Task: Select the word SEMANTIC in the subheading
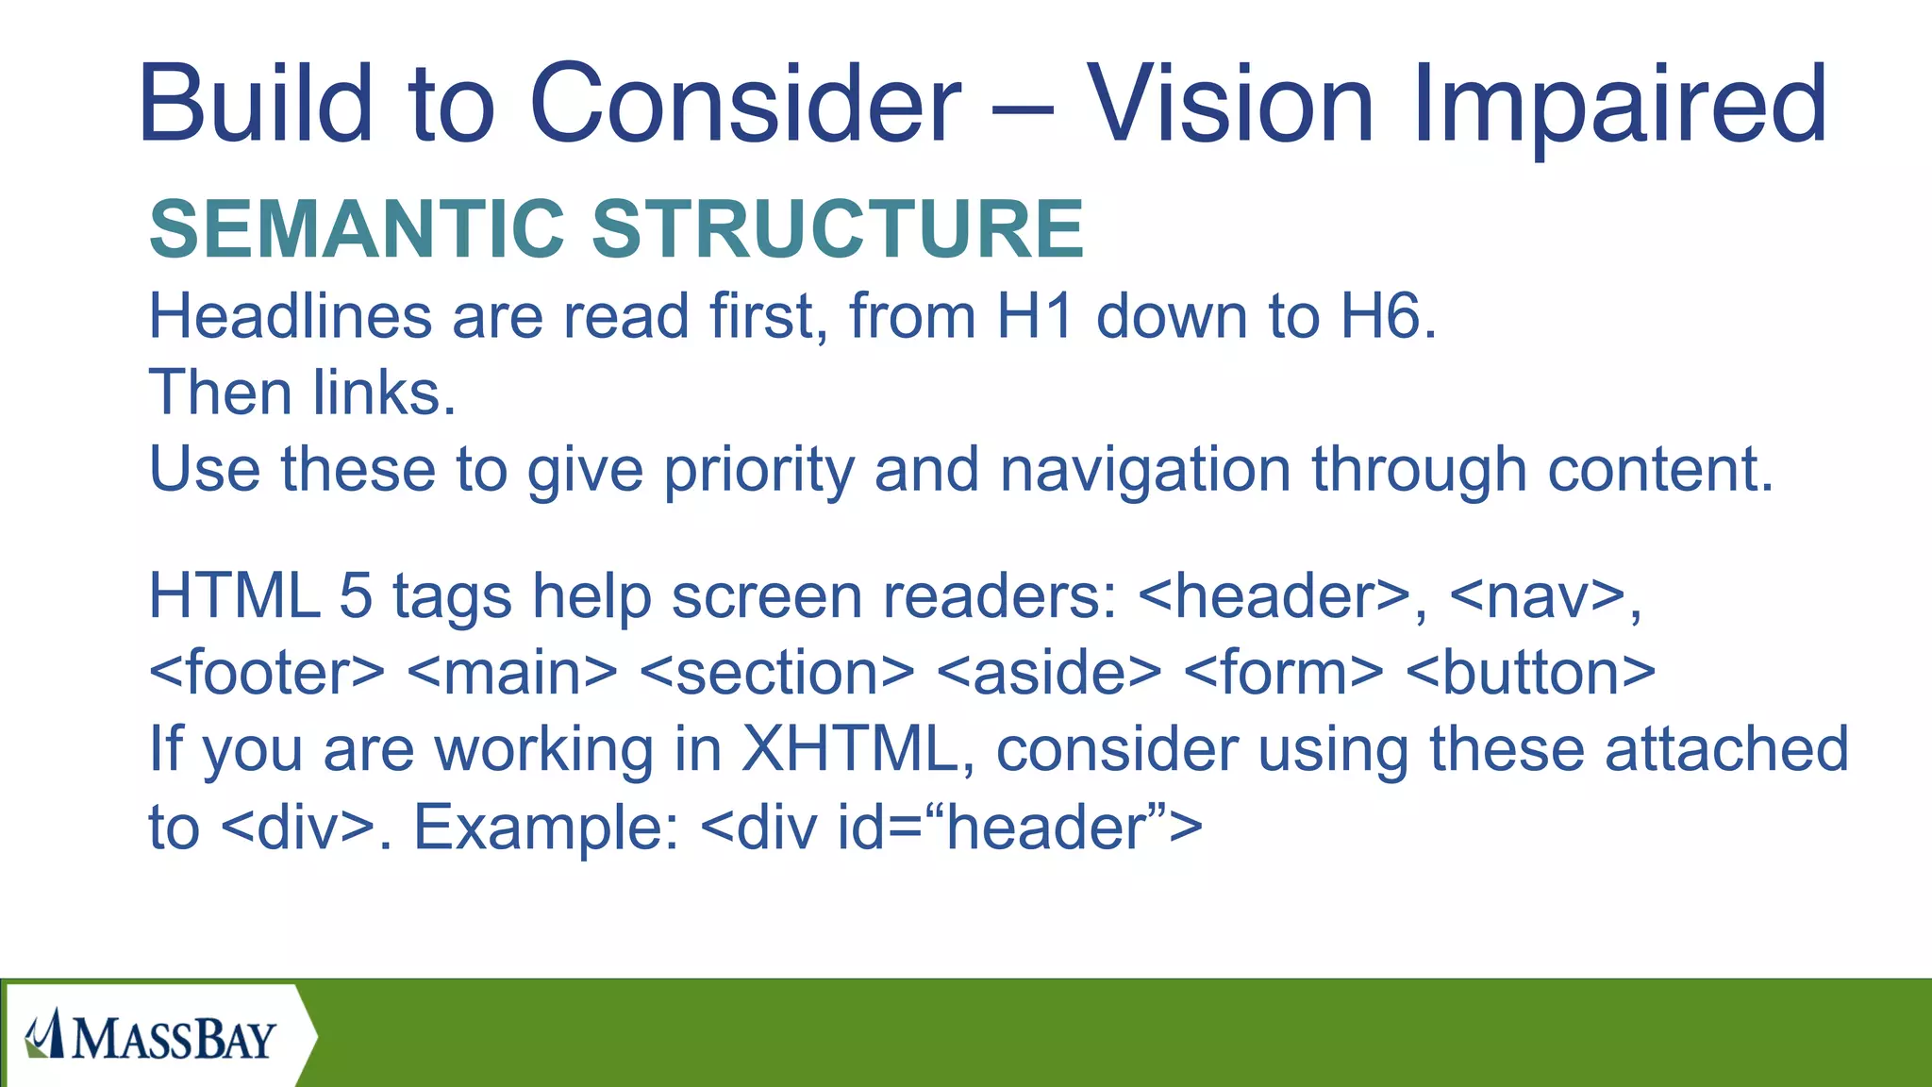coord(357,229)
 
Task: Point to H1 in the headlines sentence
coord(1035,316)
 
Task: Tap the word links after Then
coord(384,393)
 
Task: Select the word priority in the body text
coord(758,470)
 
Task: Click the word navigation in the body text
coord(1144,470)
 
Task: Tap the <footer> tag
coord(267,674)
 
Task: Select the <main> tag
coord(513,674)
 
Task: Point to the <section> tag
coord(776,674)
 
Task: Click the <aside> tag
coord(1049,674)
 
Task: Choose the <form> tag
coord(1283,674)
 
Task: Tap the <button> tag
coord(1530,674)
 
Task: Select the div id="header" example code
coord(952,828)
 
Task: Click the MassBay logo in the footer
coord(151,1036)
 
